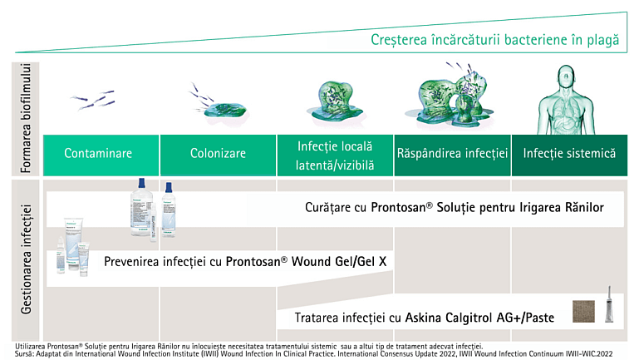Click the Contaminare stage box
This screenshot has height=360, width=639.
(x=98, y=154)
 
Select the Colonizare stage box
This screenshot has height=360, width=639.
(x=217, y=154)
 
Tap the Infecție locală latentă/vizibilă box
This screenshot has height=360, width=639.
(x=335, y=155)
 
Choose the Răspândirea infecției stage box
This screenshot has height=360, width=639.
(x=452, y=154)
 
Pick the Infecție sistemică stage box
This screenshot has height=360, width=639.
(x=569, y=154)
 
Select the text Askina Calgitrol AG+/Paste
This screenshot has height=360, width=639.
(x=481, y=317)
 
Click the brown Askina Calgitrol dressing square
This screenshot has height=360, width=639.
(x=585, y=313)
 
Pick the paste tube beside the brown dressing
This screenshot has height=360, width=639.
(x=609, y=308)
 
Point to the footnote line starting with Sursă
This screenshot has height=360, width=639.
(x=249, y=353)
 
